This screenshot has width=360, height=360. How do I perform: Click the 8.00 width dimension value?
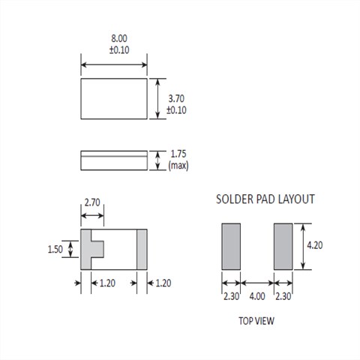[x=119, y=38]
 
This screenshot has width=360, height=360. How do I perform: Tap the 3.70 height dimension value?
[x=176, y=99]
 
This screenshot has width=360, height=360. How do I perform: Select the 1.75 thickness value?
[x=178, y=154]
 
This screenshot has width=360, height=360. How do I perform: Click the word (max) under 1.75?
[x=178, y=166]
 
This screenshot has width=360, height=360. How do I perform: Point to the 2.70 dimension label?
[x=92, y=202]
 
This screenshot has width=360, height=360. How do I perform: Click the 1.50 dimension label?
[x=55, y=249]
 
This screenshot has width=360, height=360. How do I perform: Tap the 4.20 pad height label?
[x=315, y=245]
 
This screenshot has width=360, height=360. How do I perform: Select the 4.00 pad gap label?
[x=257, y=296]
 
